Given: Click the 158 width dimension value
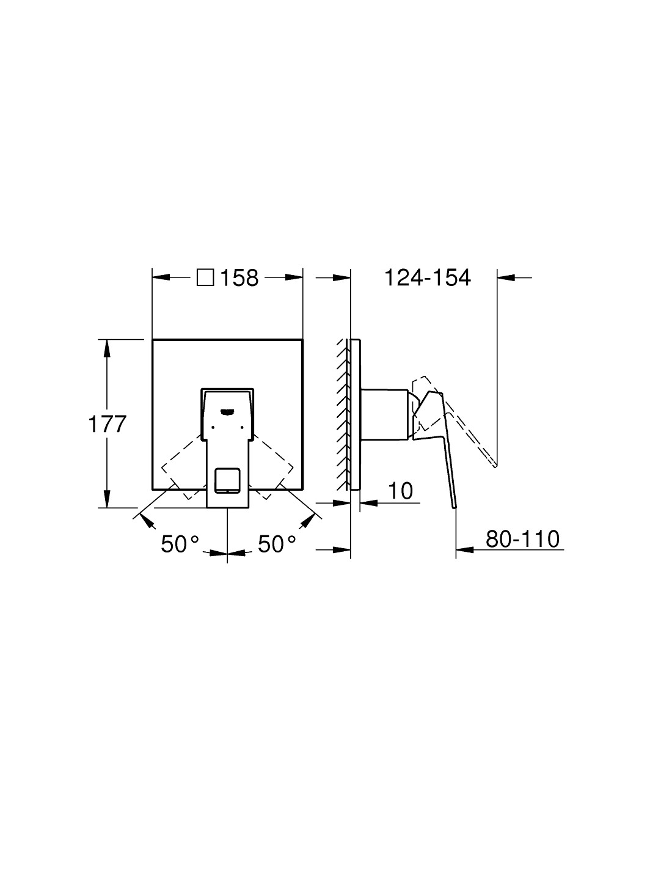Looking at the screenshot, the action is coord(239,277).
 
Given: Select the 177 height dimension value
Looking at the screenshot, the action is coord(107,424).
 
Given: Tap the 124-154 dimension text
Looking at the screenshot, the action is coord(428,277).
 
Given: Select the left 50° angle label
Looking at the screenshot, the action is coord(180,544).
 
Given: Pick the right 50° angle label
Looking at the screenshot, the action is coord(277,544).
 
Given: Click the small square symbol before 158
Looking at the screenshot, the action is coord(205,277).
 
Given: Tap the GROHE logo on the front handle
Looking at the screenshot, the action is coord(227,411).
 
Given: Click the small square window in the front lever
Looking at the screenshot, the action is coord(227,479).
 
